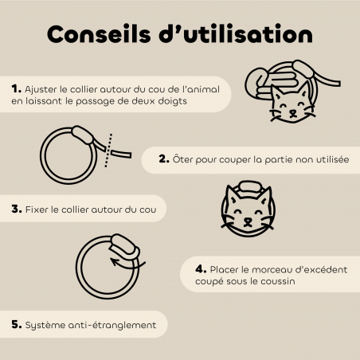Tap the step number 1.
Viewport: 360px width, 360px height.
(x=16, y=88)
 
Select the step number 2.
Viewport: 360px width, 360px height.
(x=164, y=160)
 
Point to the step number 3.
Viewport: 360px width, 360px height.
(x=16, y=211)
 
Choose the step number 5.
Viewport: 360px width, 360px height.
(x=16, y=325)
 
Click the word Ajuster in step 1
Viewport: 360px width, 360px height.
(x=41, y=88)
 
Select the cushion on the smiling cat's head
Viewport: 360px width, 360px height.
(x=248, y=189)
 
